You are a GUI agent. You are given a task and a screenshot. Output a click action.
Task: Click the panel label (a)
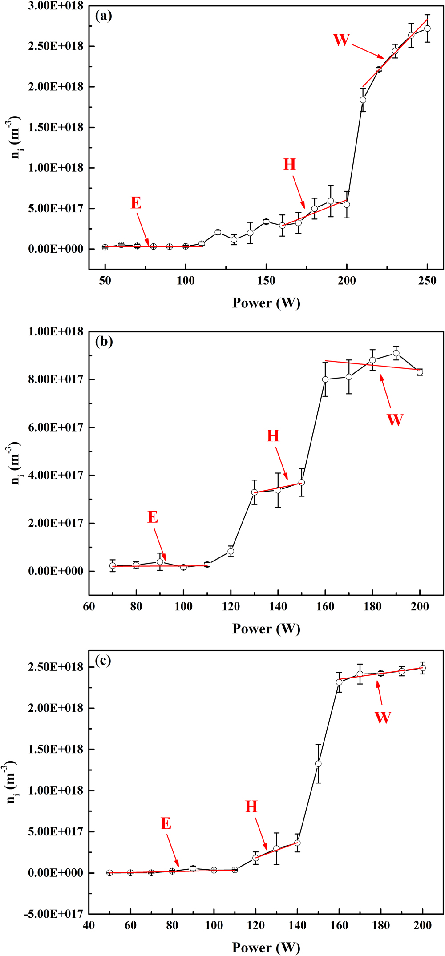point(103,16)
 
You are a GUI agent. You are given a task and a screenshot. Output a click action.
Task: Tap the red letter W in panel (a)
point(341,40)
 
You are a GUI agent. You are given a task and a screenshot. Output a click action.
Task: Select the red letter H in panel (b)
point(273,436)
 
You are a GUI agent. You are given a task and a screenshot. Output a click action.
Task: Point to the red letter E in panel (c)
point(166,823)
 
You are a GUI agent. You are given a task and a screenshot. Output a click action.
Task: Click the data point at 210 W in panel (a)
point(363,100)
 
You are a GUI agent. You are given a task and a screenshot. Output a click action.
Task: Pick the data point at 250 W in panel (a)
point(427,28)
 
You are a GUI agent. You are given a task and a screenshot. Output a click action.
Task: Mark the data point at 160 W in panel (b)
point(325,379)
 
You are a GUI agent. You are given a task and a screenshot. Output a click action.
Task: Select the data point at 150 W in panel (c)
point(318,764)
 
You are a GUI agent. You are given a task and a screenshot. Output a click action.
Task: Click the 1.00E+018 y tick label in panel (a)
point(56,168)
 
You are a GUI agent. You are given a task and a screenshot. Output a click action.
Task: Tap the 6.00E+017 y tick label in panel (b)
point(56,428)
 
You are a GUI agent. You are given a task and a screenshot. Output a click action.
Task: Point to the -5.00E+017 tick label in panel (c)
point(54,914)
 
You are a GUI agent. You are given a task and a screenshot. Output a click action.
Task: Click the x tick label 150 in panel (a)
point(266,281)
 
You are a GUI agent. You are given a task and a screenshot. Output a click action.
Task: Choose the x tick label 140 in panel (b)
point(278,607)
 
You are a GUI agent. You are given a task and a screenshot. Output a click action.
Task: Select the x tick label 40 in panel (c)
point(89,925)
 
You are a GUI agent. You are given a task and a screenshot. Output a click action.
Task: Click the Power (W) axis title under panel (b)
point(266,629)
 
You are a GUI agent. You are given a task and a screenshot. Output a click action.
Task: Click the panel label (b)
point(104,342)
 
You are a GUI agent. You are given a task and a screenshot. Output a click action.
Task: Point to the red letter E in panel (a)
point(136,203)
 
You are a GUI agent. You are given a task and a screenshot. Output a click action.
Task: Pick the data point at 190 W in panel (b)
point(396,353)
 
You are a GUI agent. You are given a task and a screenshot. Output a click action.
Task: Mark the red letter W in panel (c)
point(383,718)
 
